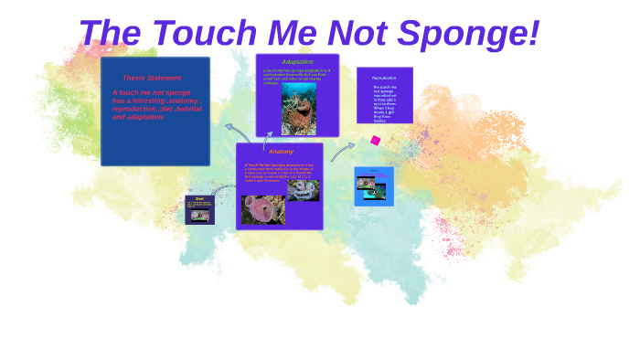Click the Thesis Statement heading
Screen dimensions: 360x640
(x=152, y=78)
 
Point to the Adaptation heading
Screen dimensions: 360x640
(x=297, y=61)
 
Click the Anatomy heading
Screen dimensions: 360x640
(x=281, y=151)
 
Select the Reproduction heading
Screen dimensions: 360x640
(x=384, y=78)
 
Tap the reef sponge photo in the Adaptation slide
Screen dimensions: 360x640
(x=298, y=110)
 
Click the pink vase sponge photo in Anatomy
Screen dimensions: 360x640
(x=262, y=209)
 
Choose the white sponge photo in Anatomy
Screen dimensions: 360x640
(x=303, y=190)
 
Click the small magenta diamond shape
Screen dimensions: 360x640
(x=375, y=141)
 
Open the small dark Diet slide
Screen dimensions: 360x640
(x=199, y=209)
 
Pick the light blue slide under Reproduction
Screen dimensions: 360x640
(x=374, y=186)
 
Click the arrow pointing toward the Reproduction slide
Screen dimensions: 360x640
(x=343, y=150)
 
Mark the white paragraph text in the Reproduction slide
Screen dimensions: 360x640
(x=384, y=103)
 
